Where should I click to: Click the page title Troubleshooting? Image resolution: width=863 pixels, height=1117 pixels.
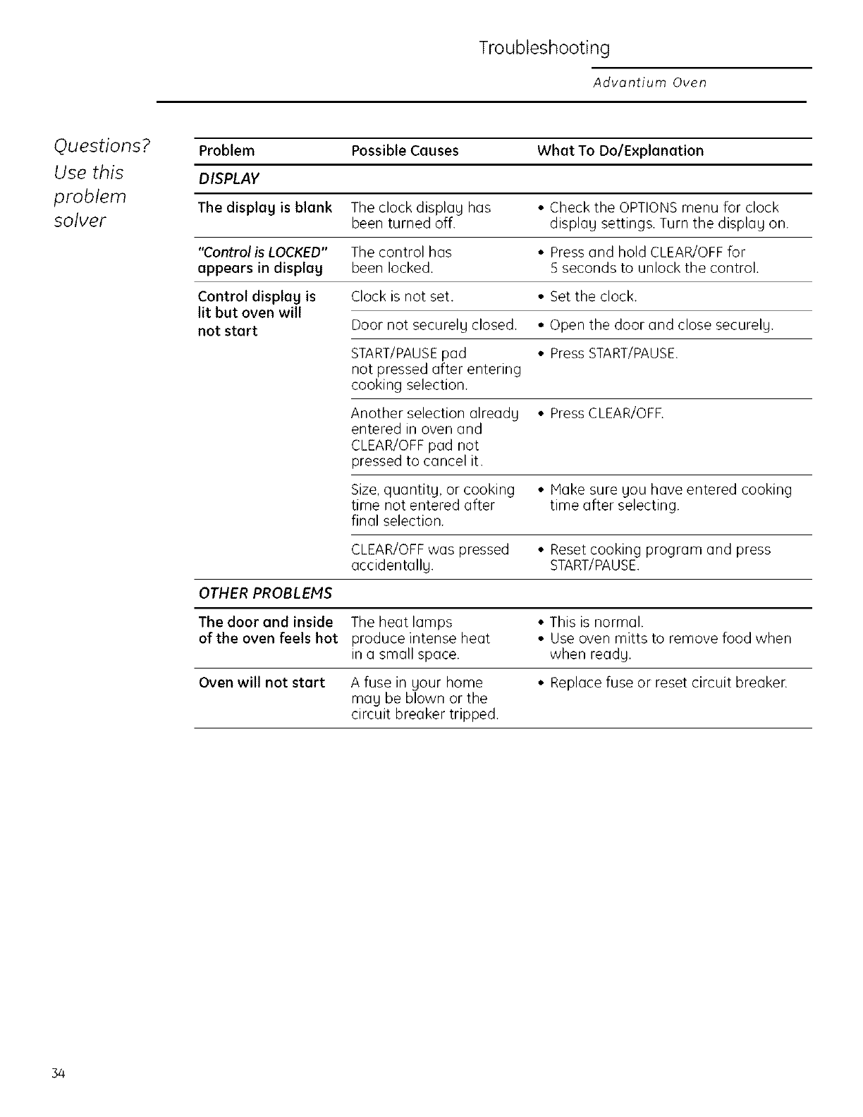(x=544, y=49)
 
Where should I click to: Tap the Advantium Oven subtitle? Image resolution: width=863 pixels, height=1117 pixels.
(x=649, y=83)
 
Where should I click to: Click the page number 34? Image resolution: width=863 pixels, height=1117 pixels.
(x=58, y=1074)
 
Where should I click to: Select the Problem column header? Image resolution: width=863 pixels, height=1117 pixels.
(x=226, y=151)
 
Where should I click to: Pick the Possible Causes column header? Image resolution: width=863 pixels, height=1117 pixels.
(x=405, y=151)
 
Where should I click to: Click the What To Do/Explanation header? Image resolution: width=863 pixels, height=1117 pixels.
(x=620, y=151)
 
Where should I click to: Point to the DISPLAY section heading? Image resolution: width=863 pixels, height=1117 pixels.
(x=228, y=179)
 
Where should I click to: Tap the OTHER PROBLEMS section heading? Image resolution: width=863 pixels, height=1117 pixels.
(x=265, y=593)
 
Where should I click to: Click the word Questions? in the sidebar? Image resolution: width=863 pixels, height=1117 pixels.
(x=102, y=145)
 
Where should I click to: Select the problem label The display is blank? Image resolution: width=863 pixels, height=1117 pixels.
(x=265, y=207)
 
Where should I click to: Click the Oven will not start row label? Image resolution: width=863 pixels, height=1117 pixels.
(x=262, y=683)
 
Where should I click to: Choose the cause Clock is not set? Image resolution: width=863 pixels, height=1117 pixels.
(x=402, y=296)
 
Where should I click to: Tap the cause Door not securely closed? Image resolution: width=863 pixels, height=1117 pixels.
(x=434, y=325)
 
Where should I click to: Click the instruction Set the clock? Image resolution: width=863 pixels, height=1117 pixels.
(x=593, y=296)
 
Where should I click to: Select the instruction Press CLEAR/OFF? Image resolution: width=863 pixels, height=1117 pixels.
(x=606, y=413)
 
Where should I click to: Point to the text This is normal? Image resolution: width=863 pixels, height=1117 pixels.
(x=596, y=622)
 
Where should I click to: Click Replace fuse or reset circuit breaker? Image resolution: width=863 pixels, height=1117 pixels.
(x=668, y=683)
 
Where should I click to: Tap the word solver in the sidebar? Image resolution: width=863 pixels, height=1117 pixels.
(x=80, y=221)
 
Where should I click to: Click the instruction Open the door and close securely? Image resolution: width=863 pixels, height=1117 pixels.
(x=661, y=325)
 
